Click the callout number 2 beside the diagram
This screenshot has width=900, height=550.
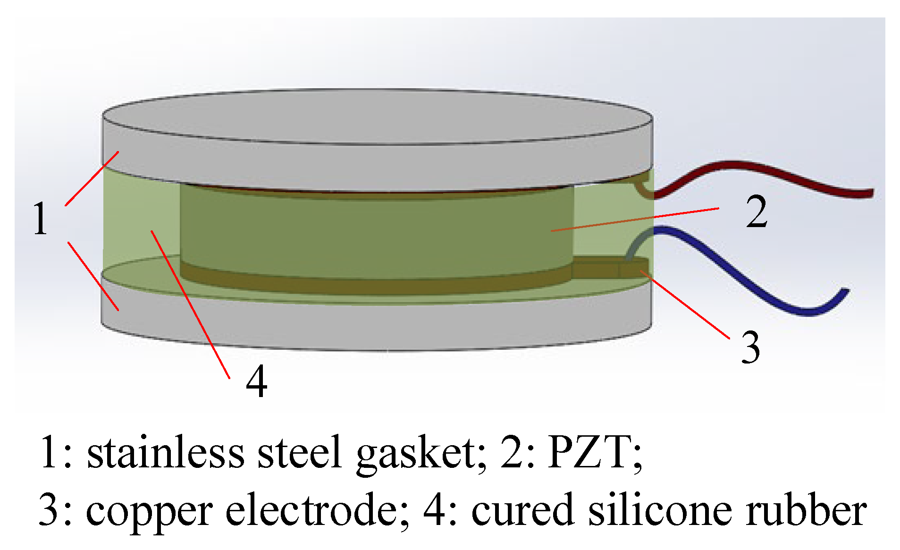coord(757,212)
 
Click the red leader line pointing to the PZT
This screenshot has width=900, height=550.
coord(637,219)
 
